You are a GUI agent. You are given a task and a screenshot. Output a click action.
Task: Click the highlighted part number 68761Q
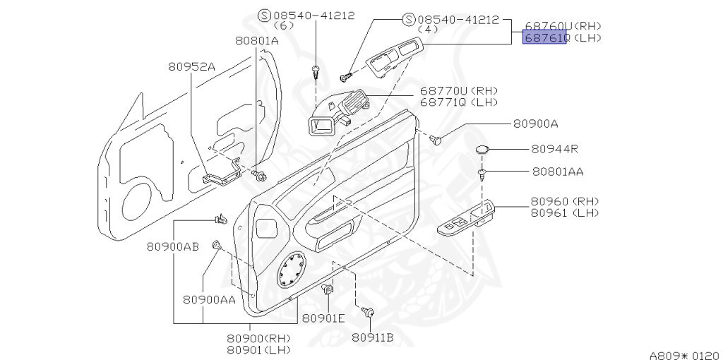click(x=544, y=37)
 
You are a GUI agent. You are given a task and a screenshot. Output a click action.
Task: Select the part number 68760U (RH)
click(x=562, y=25)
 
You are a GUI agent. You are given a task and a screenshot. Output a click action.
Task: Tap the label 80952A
click(x=191, y=66)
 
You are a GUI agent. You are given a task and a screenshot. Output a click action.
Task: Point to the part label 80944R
click(x=555, y=150)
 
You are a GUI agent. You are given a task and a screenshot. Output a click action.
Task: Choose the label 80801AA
click(x=558, y=171)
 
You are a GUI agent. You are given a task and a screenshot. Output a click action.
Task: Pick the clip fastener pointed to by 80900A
click(x=438, y=140)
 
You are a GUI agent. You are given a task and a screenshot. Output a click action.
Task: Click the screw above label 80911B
click(x=368, y=311)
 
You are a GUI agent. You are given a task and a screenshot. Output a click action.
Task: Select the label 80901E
click(x=323, y=318)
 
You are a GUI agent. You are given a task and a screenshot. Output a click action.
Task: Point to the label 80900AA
click(x=209, y=299)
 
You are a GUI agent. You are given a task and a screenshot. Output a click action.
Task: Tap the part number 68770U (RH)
click(x=459, y=91)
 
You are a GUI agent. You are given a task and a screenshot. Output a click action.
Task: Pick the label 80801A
click(x=257, y=41)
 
